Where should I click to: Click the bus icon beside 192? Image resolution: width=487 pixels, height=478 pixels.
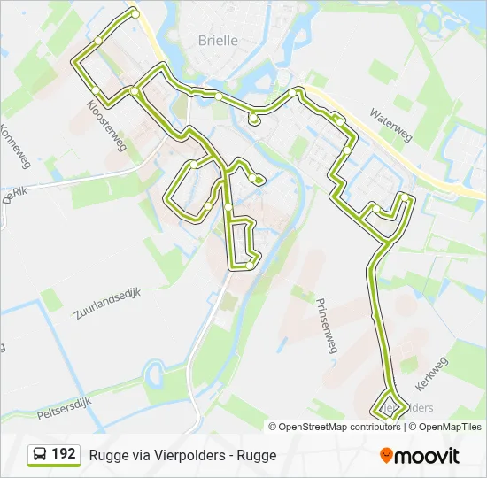40,455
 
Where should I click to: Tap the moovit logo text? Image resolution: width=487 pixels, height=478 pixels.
428,456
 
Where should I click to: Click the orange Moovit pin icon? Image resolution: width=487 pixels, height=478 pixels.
386,456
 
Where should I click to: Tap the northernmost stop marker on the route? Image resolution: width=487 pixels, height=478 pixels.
135,13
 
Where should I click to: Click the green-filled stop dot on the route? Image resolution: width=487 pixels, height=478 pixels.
258,180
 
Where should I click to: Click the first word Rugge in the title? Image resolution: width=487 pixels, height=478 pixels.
106,456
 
